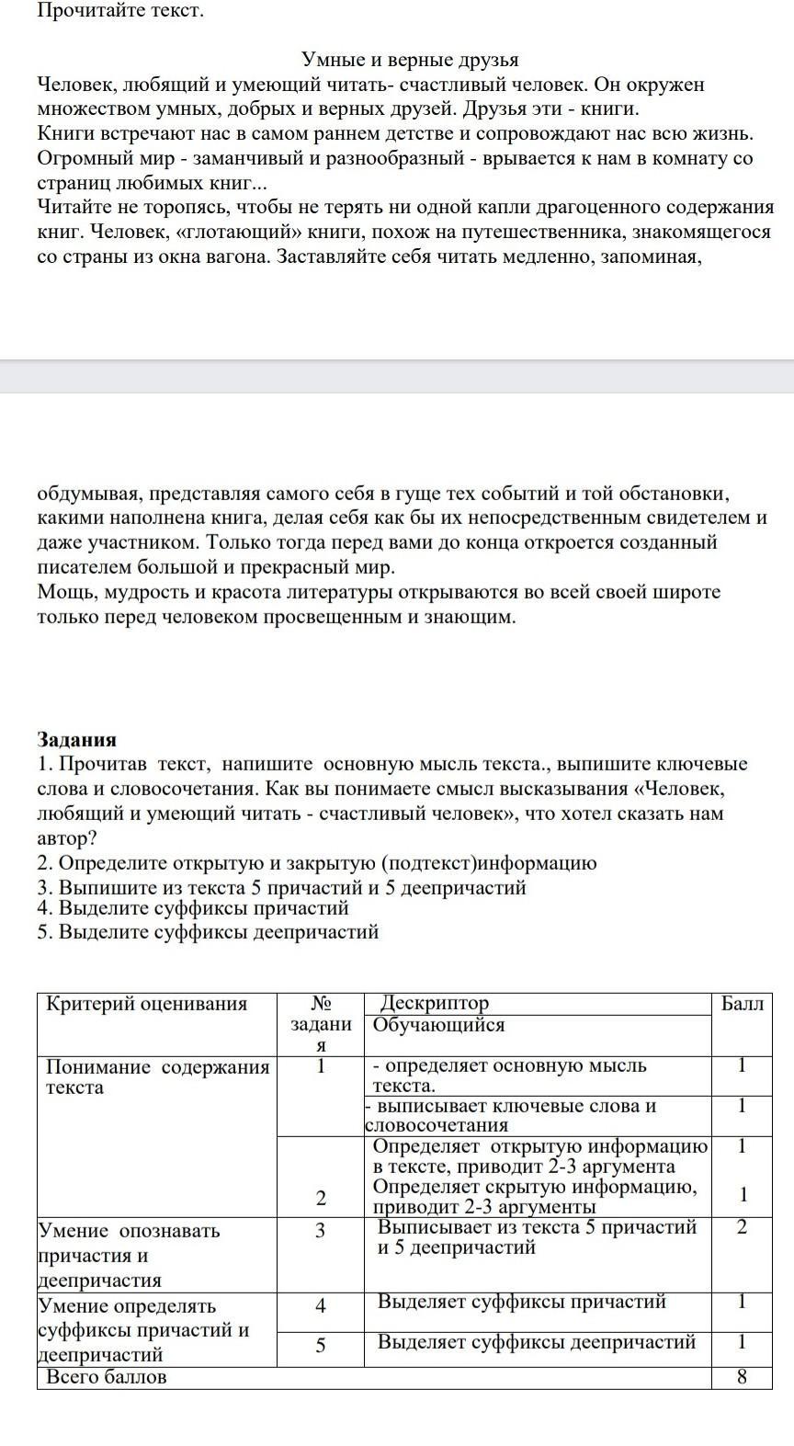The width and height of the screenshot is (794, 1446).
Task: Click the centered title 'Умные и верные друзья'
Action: tap(410, 61)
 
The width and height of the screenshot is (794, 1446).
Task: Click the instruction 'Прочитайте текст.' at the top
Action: tap(119, 12)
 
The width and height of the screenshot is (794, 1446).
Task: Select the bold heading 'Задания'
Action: tap(76, 739)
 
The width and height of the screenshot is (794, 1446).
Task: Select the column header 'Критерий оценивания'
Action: tap(147, 1004)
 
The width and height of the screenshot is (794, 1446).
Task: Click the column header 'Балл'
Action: tap(742, 1004)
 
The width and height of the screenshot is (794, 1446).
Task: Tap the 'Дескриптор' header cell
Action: tap(435, 1003)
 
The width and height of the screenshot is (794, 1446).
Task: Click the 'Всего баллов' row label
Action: tap(107, 1377)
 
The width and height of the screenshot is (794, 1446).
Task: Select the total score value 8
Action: tap(742, 1377)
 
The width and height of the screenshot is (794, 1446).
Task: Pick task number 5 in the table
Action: tap(321, 1346)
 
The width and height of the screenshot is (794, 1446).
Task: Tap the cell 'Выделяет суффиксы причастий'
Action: tap(521, 1302)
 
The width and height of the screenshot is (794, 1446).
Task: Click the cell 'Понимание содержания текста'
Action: tap(157, 1077)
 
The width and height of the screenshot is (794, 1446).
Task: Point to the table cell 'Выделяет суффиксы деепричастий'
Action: tap(536, 1342)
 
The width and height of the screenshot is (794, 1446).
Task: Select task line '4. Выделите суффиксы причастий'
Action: tap(193, 908)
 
